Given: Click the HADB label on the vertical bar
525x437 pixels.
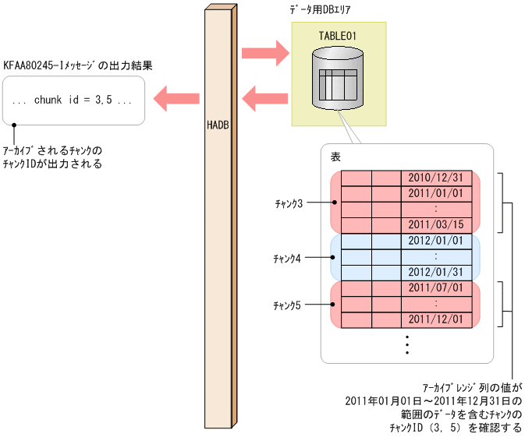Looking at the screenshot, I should pyautogui.click(x=218, y=124).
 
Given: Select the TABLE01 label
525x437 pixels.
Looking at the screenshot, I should pyautogui.click(x=338, y=36).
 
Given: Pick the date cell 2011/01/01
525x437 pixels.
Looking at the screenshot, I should pyautogui.click(x=436, y=192).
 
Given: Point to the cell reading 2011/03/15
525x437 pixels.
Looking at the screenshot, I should pyautogui.click(x=436, y=224).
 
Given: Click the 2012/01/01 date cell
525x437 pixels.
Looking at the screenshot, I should pyautogui.click(x=436, y=241).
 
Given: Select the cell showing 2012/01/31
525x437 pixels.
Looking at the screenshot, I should pyautogui.click(x=436, y=272).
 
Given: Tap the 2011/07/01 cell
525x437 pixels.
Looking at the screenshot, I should pyautogui.click(x=436, y=288).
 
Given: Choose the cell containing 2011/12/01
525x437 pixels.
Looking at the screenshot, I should pyautogui.click(x=436, y=319).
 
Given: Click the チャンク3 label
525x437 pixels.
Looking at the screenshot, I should pyautogui.click(x=288, y=203).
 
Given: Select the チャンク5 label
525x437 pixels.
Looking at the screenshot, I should pyautogui.click(x=288, y=305).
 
